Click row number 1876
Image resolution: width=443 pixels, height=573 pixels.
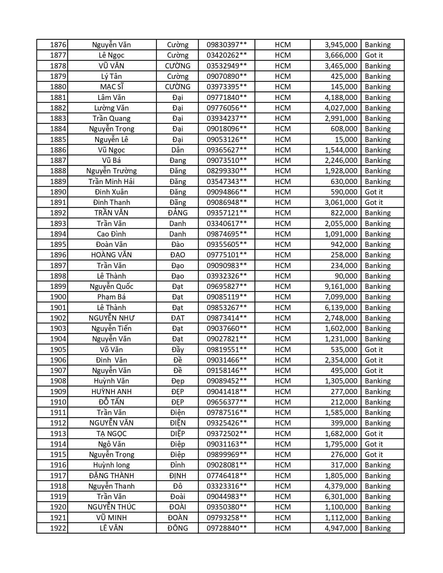58,45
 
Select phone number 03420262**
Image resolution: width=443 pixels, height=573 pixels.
227,55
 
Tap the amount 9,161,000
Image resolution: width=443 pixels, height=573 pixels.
341,286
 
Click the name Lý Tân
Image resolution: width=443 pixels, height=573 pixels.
111,76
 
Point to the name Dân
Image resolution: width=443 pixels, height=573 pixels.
178,150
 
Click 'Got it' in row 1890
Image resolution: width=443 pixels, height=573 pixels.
374,192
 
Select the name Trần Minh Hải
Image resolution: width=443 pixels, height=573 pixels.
111,182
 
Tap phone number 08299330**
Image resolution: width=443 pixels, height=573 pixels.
227,171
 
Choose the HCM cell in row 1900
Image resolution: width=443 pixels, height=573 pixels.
282,297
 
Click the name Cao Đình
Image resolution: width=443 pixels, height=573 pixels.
111,234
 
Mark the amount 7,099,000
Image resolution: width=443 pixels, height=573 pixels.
341,297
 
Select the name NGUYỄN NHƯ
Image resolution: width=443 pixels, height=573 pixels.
111,318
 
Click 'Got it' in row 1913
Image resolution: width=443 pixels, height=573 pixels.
374,434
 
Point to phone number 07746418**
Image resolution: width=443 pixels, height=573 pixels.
227,476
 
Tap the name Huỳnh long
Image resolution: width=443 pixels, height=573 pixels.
111,465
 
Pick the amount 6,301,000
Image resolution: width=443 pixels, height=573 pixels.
341,497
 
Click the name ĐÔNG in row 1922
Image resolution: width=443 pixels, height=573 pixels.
178,528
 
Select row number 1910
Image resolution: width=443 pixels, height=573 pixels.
58,402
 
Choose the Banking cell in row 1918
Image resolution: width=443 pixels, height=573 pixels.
378,486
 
